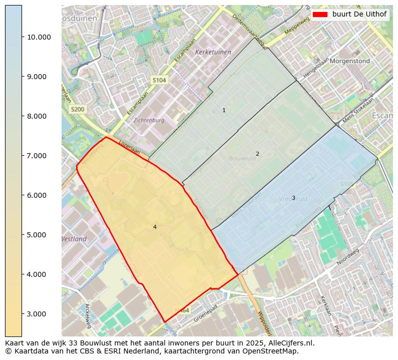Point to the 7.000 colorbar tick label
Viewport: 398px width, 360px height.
point(39,156)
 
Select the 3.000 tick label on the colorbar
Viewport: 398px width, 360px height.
point(39,314)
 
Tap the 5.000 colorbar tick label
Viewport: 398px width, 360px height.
point(39,235)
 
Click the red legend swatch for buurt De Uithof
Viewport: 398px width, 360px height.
point(319,14)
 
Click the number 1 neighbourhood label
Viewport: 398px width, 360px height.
point(224,110)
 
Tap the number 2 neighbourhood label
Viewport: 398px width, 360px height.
point(257,154)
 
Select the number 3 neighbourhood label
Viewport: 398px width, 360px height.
point(293,198)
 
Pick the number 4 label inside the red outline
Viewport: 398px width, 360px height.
point(155,227)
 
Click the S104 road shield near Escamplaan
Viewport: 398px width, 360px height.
point(159,80)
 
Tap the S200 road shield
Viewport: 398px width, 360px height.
point(78,109)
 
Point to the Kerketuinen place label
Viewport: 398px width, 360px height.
point(213,52)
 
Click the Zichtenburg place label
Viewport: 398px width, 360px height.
point(149,121)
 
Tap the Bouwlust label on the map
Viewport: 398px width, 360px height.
point(242,158)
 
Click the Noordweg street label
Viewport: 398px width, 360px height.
point(348,259)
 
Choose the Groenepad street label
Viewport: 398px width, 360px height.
point(206,312)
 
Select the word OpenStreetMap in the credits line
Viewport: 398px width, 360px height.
point(274,351)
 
